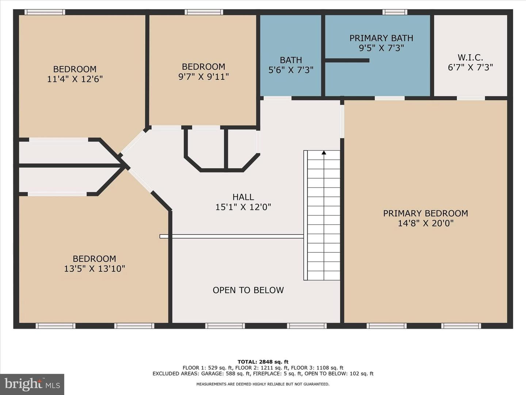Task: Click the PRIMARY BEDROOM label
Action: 425,213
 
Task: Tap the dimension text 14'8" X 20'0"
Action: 426,223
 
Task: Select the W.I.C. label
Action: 470,57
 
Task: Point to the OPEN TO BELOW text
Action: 248,290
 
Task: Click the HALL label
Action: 243,197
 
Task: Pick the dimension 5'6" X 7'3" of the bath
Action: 291,70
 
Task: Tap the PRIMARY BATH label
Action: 381,38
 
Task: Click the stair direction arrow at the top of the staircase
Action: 324,153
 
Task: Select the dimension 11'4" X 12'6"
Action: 75,79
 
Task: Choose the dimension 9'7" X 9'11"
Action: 203,77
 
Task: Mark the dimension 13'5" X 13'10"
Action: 94,268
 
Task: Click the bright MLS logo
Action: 32,384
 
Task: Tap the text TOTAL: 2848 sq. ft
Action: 263,362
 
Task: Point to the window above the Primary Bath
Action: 394,12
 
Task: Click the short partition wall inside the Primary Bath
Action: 347,60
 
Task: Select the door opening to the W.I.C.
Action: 471,98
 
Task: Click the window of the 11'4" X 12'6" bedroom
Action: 45,12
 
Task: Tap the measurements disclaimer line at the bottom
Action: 263,384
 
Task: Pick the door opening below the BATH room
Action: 278,98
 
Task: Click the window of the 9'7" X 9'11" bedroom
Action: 204,12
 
